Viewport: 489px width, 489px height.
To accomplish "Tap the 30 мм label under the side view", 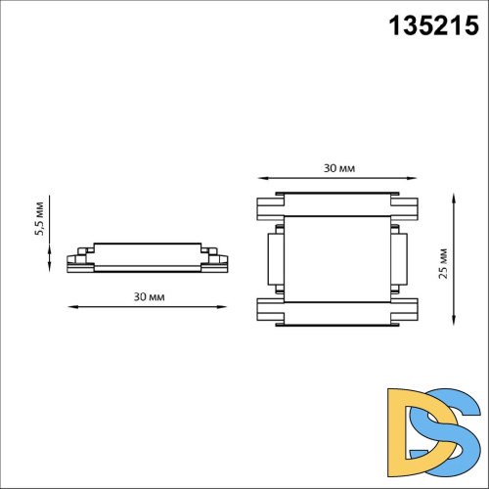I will (150, 295).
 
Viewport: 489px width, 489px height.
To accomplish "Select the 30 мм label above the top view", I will (339, 167).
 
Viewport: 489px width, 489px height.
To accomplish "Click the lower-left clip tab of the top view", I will (269, 310).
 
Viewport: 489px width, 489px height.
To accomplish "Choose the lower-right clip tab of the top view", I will (409, 310).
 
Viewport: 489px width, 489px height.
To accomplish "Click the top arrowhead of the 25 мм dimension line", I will (457, 197).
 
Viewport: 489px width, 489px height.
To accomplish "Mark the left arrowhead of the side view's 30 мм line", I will (70, 308).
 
